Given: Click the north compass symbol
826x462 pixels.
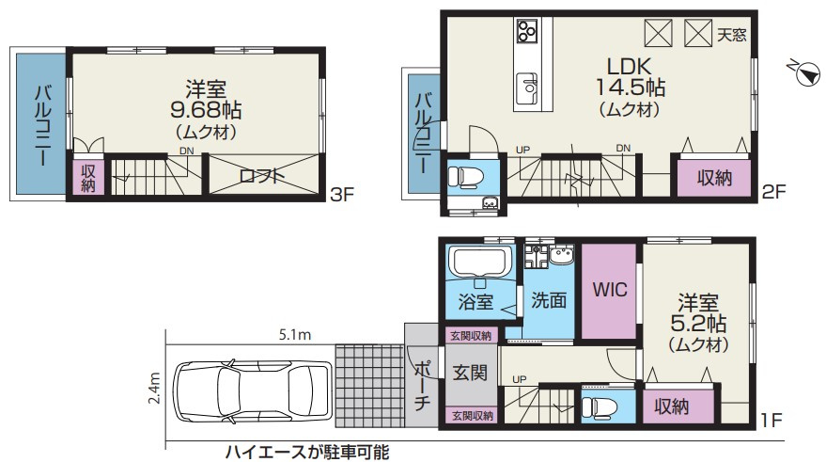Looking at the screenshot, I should pyautogui.click(x=805, y=72).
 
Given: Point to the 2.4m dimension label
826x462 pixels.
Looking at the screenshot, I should pyautogui.click(x=155, y=387).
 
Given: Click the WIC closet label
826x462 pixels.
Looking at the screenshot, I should pyautogui.click(x=611, y=289).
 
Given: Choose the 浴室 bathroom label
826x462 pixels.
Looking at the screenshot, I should pyautogui.click(x=475, y=302).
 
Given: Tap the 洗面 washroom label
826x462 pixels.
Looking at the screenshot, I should pyautogui.click(x=548, y=301).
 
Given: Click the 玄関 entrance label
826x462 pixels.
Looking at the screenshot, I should pyautogui.click(x=469, y=373).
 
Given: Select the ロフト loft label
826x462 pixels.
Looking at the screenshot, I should pyautogui.click(x=262, y=175).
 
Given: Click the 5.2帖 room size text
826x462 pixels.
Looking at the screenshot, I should pyautogui.click(x=697, y=325).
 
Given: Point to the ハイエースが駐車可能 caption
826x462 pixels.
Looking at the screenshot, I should pyautogui.click(x=305, y=452).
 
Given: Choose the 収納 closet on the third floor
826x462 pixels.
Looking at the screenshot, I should pyautogui.click(x=88, y=178).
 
